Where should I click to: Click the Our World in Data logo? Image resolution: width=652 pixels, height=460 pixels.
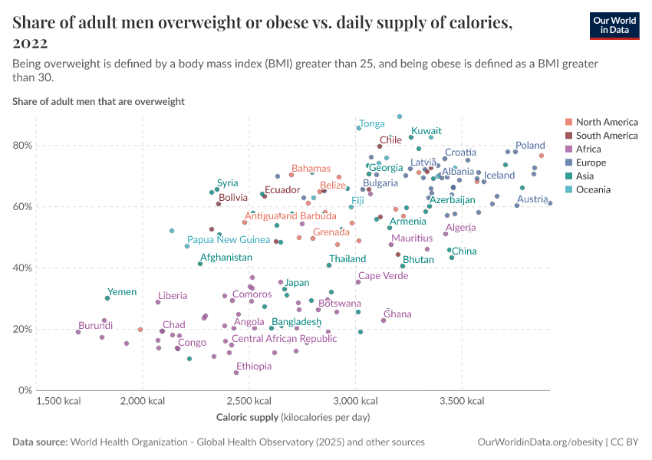point(614,25)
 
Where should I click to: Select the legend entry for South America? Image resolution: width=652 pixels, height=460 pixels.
point(606,136)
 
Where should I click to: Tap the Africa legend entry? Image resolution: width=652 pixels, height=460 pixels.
point(588,149)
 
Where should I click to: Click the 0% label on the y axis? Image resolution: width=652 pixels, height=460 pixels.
point(26,390)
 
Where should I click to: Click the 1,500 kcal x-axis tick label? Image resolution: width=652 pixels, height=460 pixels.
point(58,401)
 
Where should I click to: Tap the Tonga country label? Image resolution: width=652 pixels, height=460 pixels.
point(372,123)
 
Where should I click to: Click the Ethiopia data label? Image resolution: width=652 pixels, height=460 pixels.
point(253,366)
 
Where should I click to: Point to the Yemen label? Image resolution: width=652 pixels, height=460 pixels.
point(122,292)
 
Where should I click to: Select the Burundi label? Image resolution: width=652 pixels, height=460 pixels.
point(96,325)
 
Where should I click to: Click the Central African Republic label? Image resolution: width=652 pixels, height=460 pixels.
point(284,339)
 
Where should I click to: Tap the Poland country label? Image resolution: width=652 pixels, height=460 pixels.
point(530,145)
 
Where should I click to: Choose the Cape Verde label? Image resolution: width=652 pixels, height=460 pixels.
point(384,276)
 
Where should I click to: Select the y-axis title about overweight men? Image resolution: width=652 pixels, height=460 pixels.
point(98,101)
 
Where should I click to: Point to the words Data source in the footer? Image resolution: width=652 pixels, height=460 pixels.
point(39,442)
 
